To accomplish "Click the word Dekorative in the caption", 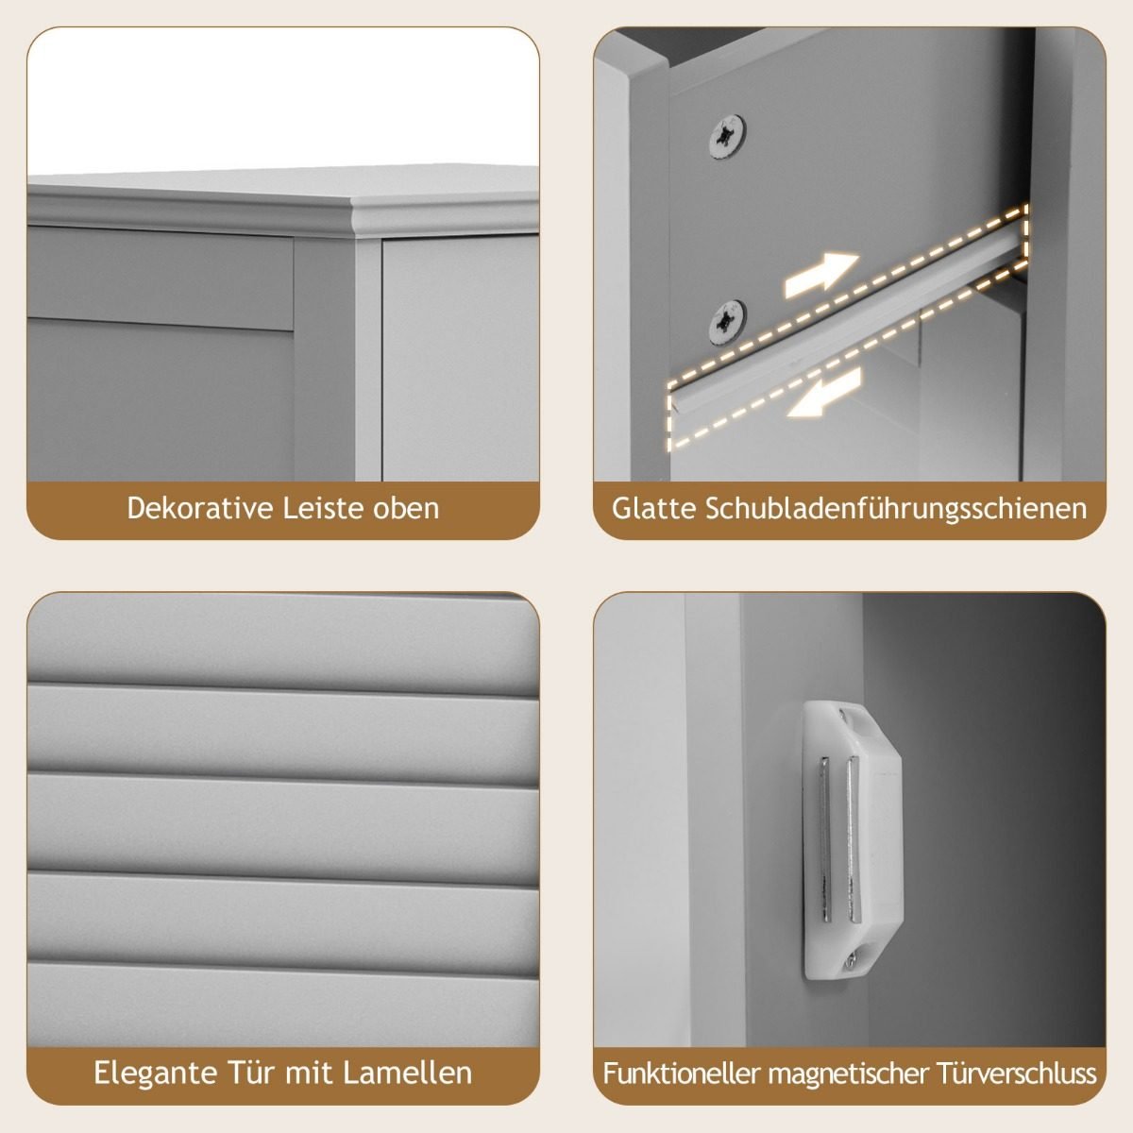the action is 199,509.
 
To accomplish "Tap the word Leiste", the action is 322,509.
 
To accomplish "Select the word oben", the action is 406,509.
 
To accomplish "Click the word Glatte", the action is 653,509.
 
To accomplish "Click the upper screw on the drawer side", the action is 727,136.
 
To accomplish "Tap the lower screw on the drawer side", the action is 727,322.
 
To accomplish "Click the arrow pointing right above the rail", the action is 822,274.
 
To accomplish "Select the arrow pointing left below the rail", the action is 824,393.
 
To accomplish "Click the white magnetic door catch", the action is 852,841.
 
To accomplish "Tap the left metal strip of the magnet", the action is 825,839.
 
